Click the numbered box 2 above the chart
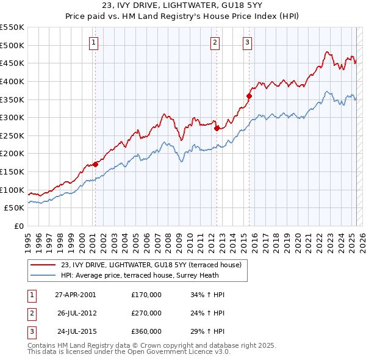pos(216,42)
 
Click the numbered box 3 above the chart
pos(248,42)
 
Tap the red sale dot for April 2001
pos(95,164)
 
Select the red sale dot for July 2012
pos(217,128)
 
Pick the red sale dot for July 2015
pos(249,96)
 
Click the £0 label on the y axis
pos(18,226)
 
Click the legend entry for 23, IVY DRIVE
pos(151,265)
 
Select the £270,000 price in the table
pos(146,313)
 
